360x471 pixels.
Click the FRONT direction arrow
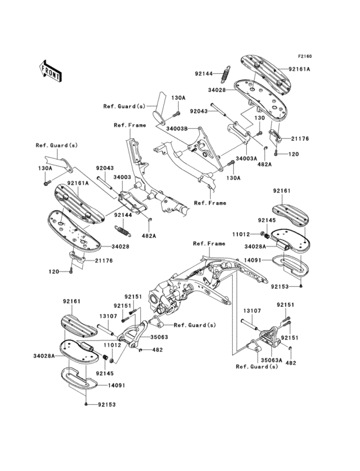pos(50,71)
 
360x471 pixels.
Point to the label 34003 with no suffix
pos(122,178)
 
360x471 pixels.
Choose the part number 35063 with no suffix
pos(159,337)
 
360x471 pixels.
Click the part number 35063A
pos(272,359)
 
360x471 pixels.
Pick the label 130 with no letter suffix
pos(260,118)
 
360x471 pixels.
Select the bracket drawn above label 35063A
pos(269,337)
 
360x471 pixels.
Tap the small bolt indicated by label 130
pos(260,133)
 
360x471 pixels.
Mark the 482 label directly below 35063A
pos(291,363)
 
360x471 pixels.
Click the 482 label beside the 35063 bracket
pos(157,349)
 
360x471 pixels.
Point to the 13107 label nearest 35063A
pos(252,311)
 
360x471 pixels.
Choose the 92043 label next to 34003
pos(105,168)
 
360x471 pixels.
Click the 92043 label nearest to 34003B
pos(199,111)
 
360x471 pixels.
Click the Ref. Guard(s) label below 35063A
pos(257,367)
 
